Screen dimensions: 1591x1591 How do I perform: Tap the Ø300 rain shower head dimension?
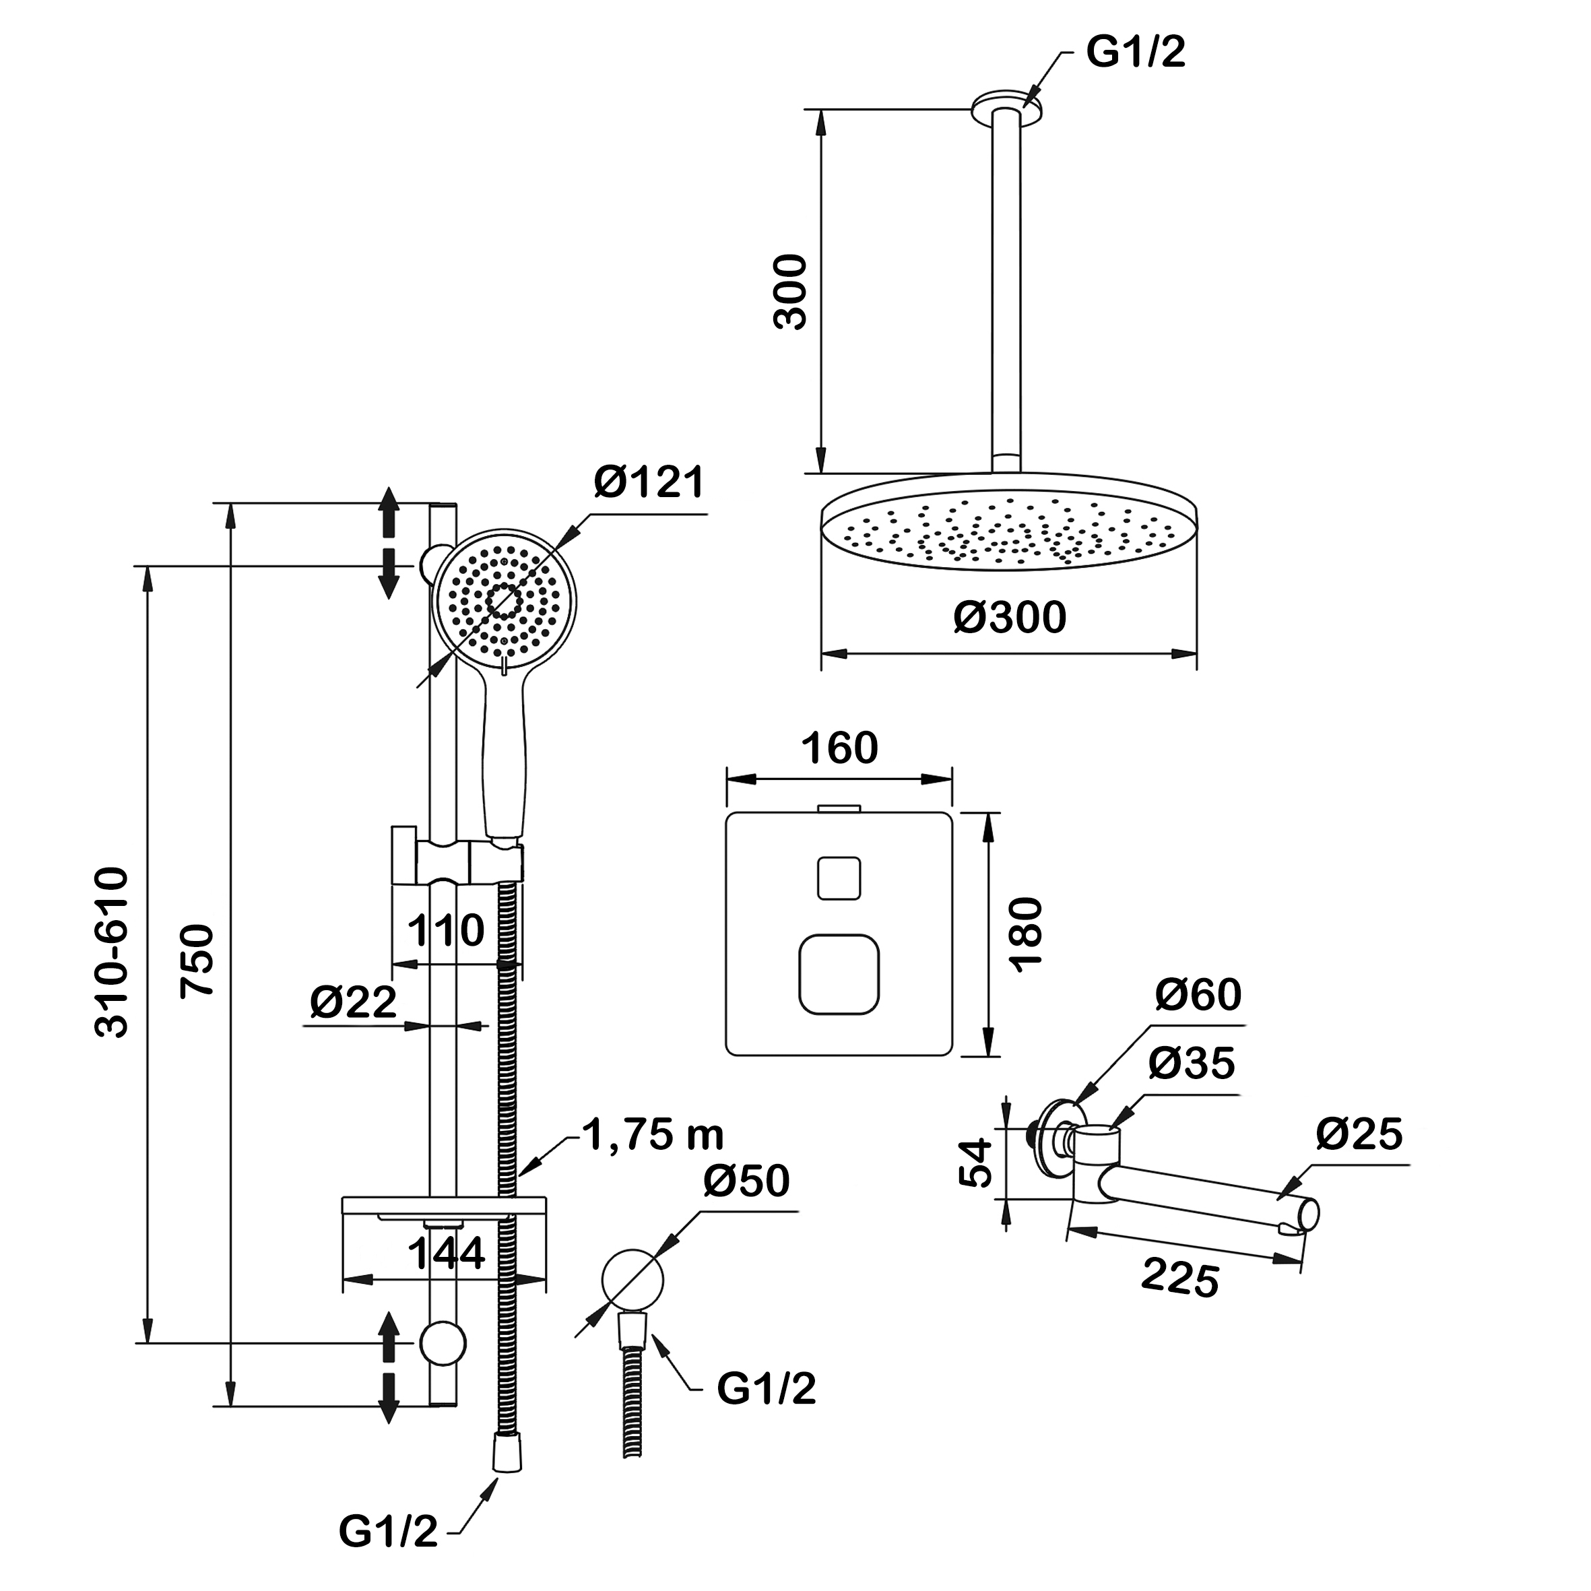pos(1010,617)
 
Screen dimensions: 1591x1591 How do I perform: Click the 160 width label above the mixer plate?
pos(839,748)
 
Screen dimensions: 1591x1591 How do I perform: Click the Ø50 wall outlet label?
pos(746,1181)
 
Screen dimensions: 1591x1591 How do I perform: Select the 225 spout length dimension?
pos(1179,1279)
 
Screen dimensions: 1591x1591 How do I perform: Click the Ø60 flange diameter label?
pos(1198,995)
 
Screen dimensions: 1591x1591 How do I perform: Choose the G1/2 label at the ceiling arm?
pos(1136,53)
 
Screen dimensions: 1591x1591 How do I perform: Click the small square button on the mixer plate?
pos(839,878)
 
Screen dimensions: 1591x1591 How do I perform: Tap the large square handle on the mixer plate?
pos(839,974)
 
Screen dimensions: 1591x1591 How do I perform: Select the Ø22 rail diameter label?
pos(353,1002)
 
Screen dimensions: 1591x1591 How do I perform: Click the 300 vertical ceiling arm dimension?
pos(791,292)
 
